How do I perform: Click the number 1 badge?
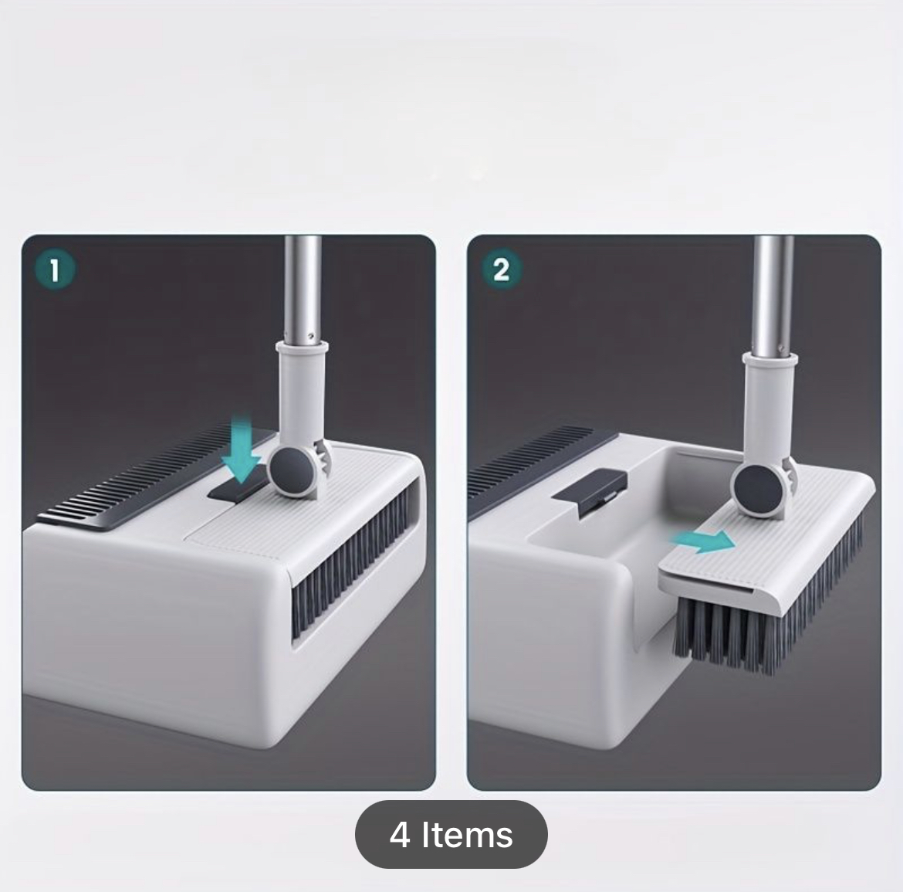(55, 270)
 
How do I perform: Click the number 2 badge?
(501, 269)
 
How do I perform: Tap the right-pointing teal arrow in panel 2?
(703, 541)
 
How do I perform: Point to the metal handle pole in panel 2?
(773, 296)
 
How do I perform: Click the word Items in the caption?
(467, 834)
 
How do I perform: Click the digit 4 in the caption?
(400, 835)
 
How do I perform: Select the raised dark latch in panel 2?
(589, 491)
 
